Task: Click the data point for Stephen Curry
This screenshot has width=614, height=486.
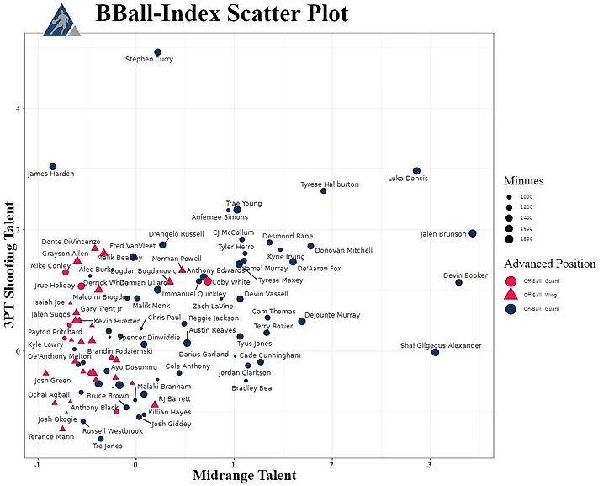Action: tap(157, 52)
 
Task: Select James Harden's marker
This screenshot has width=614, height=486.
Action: tap(52, 167)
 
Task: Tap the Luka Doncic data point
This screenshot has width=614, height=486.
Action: tap(416, 171)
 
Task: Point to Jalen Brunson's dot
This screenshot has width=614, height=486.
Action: tap(473, 233)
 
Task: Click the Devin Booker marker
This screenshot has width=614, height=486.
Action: tap(459, 282)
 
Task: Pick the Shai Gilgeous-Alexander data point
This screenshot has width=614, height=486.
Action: tap(435, 352)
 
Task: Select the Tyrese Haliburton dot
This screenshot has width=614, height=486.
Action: tap(323, 191)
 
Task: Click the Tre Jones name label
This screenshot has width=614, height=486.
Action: tap(107, 446)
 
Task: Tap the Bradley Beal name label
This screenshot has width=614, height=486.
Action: tap(253, 388)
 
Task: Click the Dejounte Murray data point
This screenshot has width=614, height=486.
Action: tap(302, 322)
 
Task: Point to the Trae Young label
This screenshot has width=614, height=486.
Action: tap(244, 203)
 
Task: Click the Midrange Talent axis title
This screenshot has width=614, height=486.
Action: tap(244, 476)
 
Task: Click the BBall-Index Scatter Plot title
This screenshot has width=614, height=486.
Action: tap(221, 14)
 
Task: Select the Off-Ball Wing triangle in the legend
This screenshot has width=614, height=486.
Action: tap(510, 295)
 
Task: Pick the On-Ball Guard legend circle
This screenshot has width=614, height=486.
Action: tap(510, 309)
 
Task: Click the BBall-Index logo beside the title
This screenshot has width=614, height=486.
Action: tap(61, 19)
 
